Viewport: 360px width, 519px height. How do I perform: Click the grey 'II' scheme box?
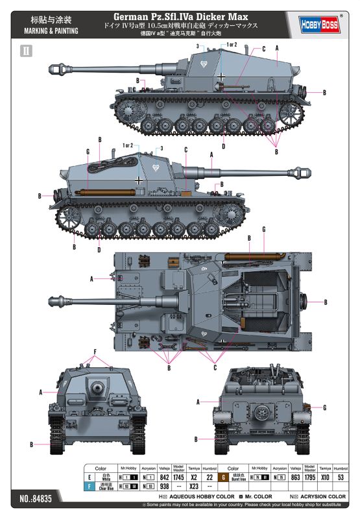click(27, 51)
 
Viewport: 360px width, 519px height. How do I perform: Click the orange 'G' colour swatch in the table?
click(223, 477)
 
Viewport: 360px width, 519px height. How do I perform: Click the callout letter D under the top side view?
click(223, 146)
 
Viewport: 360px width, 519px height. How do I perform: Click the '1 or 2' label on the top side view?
click(232, 44)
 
